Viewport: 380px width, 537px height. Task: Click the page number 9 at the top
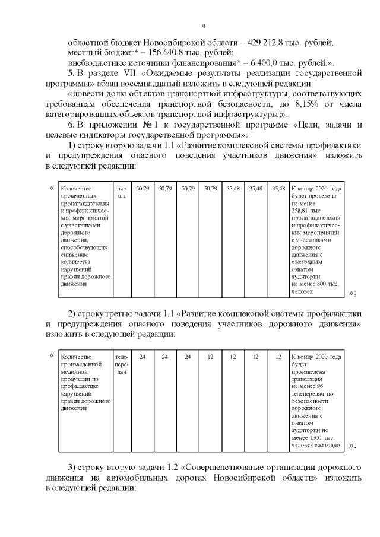click(204, 27)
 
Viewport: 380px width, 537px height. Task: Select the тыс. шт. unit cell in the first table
click(122, 192)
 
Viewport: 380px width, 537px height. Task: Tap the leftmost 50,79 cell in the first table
click(142, 188)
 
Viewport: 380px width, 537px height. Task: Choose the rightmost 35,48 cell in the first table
click(278, 188)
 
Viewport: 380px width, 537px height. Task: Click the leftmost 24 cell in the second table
click(142, 357)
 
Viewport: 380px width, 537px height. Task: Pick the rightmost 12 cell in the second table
click(278, 357)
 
